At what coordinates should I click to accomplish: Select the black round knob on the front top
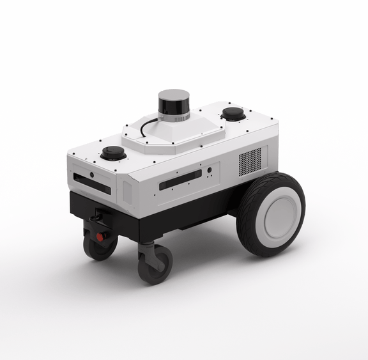113,153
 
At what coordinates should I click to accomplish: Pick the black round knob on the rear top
233,114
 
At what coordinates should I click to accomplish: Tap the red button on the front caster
100,237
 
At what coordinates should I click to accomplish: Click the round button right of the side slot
209,171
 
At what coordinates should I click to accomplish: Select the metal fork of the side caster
148,249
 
